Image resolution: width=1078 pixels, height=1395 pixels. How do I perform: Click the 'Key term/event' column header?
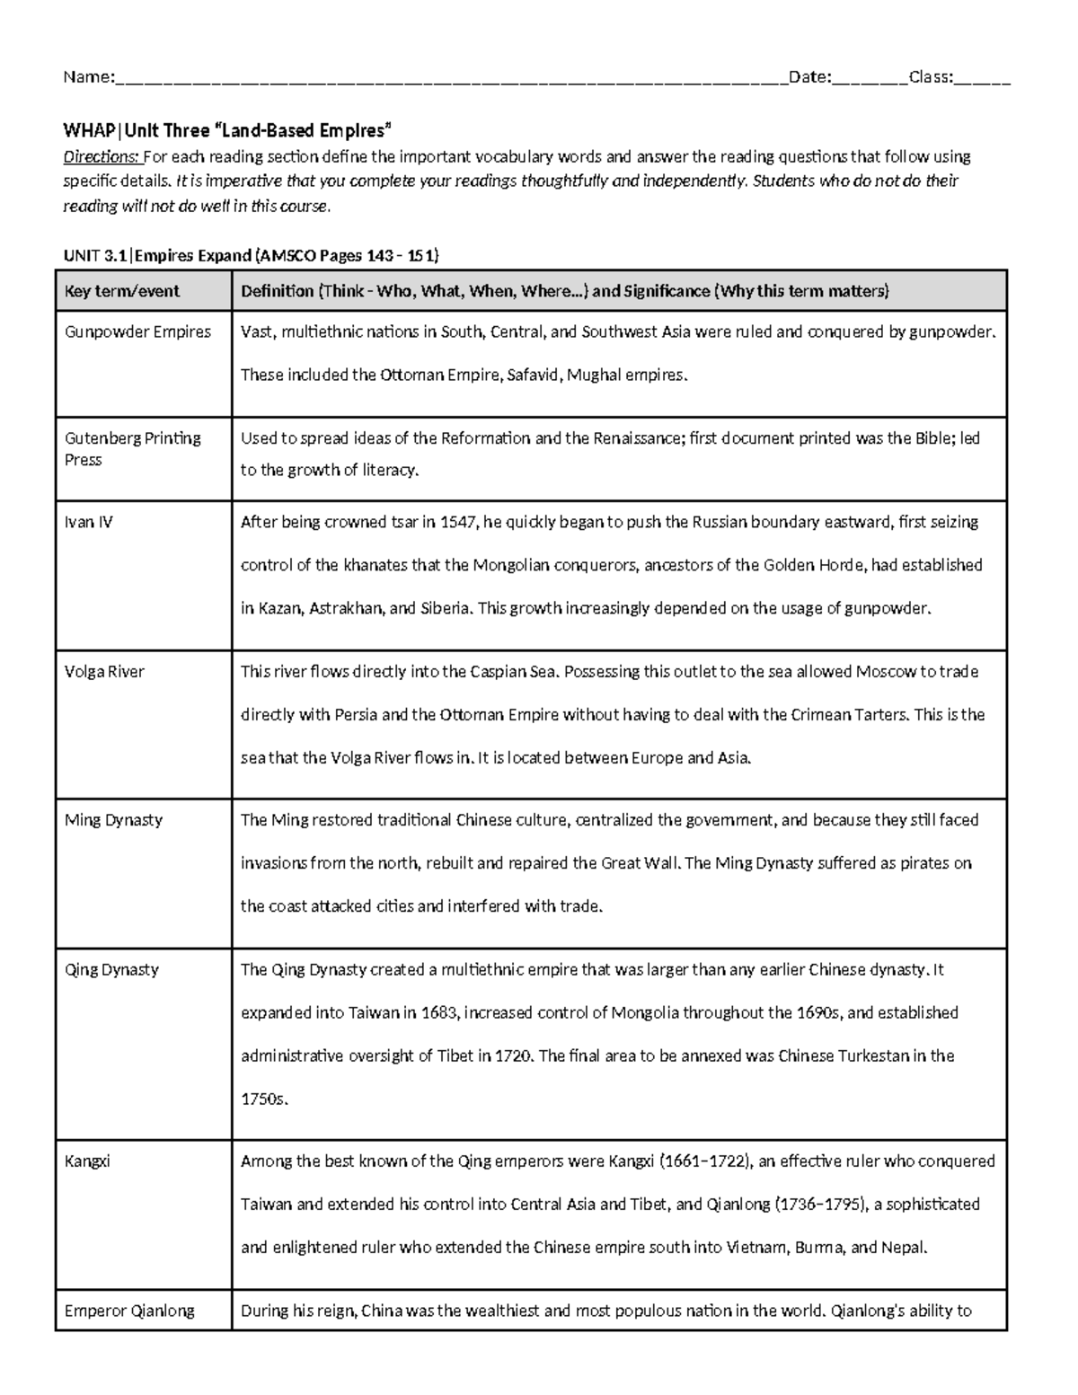tap(121, 291)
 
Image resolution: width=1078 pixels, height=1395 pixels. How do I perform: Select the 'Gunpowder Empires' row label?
tap(137, 331)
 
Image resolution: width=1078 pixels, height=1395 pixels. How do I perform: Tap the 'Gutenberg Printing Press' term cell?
tap(132, 448)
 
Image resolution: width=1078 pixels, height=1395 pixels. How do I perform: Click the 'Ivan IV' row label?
tap(88, 522)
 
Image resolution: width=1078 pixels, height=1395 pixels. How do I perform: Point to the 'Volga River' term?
tap(104, 671)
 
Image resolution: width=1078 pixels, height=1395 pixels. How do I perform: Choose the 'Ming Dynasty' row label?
tap(113, 819)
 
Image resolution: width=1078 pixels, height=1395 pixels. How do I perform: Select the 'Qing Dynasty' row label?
tap(111, 969)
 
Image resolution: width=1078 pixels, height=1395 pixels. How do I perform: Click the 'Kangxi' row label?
tap(87, 1161)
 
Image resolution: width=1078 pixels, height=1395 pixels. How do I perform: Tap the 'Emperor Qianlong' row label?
tap(129, 1311)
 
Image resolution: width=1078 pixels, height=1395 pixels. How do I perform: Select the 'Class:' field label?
tap(931, 77)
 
